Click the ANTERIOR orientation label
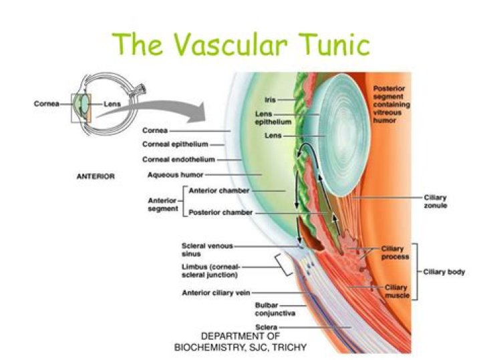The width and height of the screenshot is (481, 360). (x=96, y=176)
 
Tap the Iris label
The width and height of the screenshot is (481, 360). (x=271, y=100)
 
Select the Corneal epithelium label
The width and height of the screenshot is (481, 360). (x=175, y=144)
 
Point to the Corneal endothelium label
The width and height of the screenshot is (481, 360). (x=178, y=160)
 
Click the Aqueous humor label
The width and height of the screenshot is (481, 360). (x=176, y=175)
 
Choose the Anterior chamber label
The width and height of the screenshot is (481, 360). (x=219, y=190)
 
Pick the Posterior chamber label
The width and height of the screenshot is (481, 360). (x=220, y=212)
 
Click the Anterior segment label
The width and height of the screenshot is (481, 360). (x=163, y=204)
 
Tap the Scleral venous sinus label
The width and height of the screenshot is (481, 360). (x=207, y=250)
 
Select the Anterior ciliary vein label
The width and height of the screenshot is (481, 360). (x=216, y=293)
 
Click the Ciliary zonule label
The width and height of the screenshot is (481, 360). (x=436, y=202)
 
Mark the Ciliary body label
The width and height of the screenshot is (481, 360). (x=444, y=272)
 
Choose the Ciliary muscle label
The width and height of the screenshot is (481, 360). (x=397, y=291)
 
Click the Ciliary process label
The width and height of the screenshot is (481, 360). (x=395, y=252)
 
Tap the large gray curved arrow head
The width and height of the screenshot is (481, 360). (x=196, y=112)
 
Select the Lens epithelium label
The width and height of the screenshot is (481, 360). (x=273, y=118)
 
